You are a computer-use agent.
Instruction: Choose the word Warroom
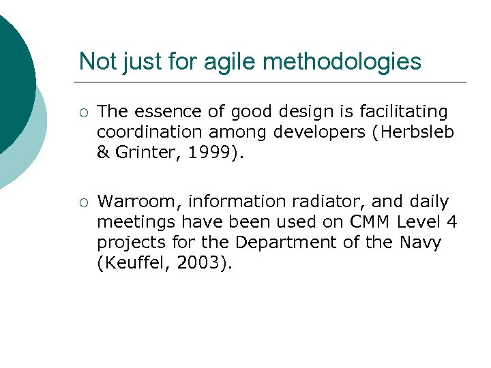tap(138, 202)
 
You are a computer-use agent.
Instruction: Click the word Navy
tap(421, 243)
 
